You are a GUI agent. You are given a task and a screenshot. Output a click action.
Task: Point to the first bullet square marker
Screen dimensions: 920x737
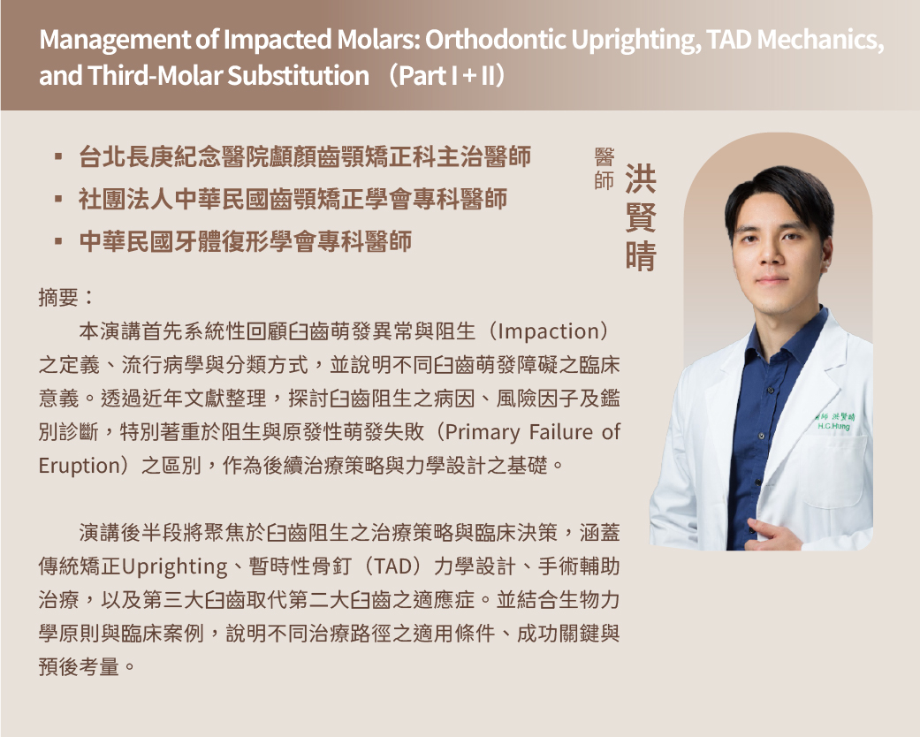tap(58, 156)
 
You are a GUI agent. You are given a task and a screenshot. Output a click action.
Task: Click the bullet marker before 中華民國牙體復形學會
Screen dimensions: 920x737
tap(58, 241)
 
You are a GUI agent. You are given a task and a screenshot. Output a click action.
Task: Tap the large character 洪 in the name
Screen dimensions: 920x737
tap(640, 179)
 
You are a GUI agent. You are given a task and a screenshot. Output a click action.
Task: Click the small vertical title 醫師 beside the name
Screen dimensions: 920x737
tap(604, 169)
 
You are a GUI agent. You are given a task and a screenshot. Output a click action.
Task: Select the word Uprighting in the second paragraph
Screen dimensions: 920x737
tap(174, 566)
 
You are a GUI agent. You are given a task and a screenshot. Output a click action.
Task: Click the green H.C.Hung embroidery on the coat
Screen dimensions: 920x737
tap(834, 425)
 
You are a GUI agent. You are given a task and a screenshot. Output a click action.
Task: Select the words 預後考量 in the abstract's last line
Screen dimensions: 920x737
tap(79, 667)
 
